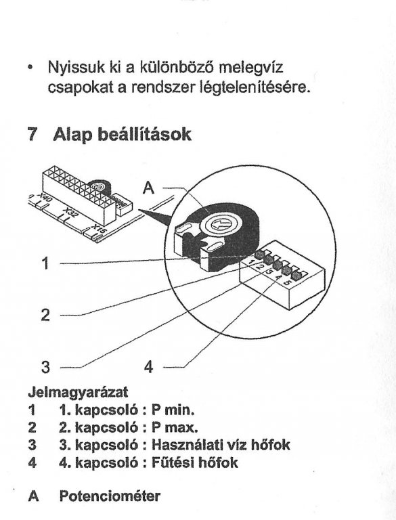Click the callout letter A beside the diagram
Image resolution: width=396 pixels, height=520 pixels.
coord(148,188)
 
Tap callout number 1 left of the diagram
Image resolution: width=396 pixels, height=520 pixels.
coord(45,263)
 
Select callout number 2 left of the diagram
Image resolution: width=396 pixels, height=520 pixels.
coord(45,314)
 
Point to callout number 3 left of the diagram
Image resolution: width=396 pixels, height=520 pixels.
coord(45,367)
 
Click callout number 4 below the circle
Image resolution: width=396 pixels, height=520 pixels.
coord(149,367)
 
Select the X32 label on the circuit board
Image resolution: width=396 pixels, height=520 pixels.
coord(70,213)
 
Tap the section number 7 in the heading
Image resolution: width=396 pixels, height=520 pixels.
coord(32,134)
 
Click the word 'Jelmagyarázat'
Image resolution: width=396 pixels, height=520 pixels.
coord(78,393)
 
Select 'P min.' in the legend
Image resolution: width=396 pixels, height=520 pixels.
coord(173,410)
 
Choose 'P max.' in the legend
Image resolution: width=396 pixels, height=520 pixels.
coord(175,427)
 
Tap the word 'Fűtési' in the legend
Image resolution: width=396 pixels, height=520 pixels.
coord(173,462)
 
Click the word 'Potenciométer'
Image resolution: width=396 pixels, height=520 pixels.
coord(110,496)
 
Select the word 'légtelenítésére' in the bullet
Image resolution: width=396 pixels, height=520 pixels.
coord(256,87)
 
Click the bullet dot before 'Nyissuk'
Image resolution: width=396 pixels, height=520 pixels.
coord(30,67)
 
